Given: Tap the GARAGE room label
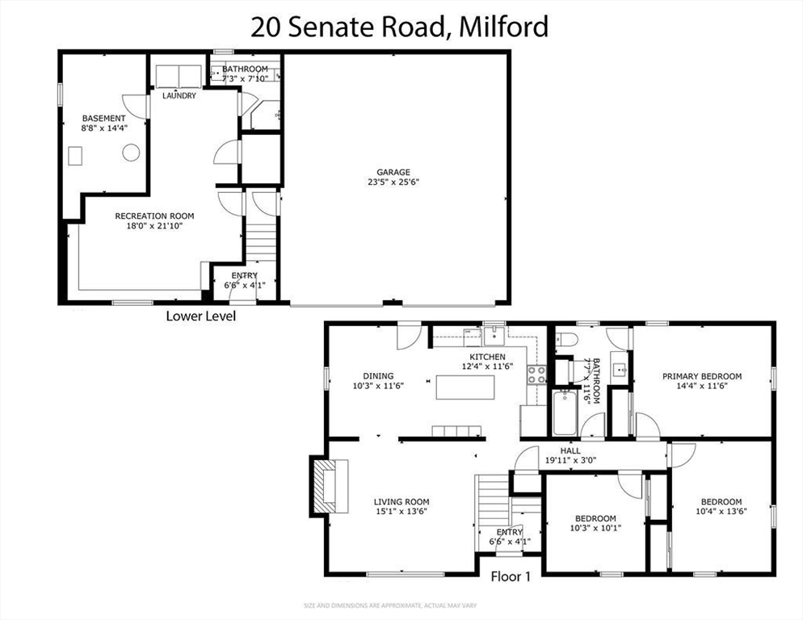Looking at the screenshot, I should [x=393, y=172].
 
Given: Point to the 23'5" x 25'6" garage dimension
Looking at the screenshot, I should [x=393, y=182].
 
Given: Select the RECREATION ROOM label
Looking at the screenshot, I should [x=154, y=216].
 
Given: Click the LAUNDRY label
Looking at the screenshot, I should [x=179, y=96].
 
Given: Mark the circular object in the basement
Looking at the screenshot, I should [x=130, y=153].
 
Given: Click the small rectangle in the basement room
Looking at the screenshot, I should [x=77, y=155].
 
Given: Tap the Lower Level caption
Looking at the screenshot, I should [x=200, y=316].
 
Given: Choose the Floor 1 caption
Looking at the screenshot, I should [x=511, y=576].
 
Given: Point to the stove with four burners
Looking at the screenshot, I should [x=536, y=374].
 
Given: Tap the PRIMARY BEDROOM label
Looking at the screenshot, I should [x=701, y=376].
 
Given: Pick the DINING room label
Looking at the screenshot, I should [x=378, y=375].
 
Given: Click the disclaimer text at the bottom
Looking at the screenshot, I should [x=401, y=605].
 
